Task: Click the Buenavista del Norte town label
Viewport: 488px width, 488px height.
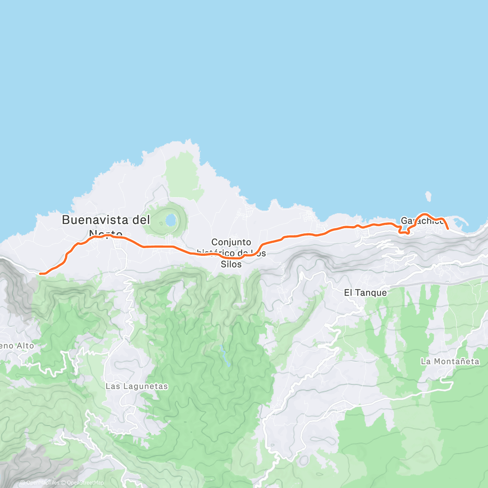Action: [106, 226]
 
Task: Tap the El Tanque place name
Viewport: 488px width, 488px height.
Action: [365, 293]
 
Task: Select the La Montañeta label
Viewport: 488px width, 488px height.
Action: [450, 362]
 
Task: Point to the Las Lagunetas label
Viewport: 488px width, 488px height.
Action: [137, 386]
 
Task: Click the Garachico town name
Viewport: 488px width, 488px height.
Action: [422, 221]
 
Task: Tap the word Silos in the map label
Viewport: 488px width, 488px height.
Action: [231, 264]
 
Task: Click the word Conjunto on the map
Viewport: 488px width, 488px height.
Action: [231, 242]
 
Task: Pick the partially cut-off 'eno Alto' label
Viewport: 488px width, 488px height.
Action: [17, 346]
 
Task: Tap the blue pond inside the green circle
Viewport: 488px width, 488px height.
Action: [171, 220]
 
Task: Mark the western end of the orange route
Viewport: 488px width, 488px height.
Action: [40, 274]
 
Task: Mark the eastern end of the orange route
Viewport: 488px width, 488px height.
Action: [448, 229]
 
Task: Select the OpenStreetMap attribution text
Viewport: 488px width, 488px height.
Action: [85, 483]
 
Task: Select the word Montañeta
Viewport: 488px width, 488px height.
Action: [456, 362]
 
